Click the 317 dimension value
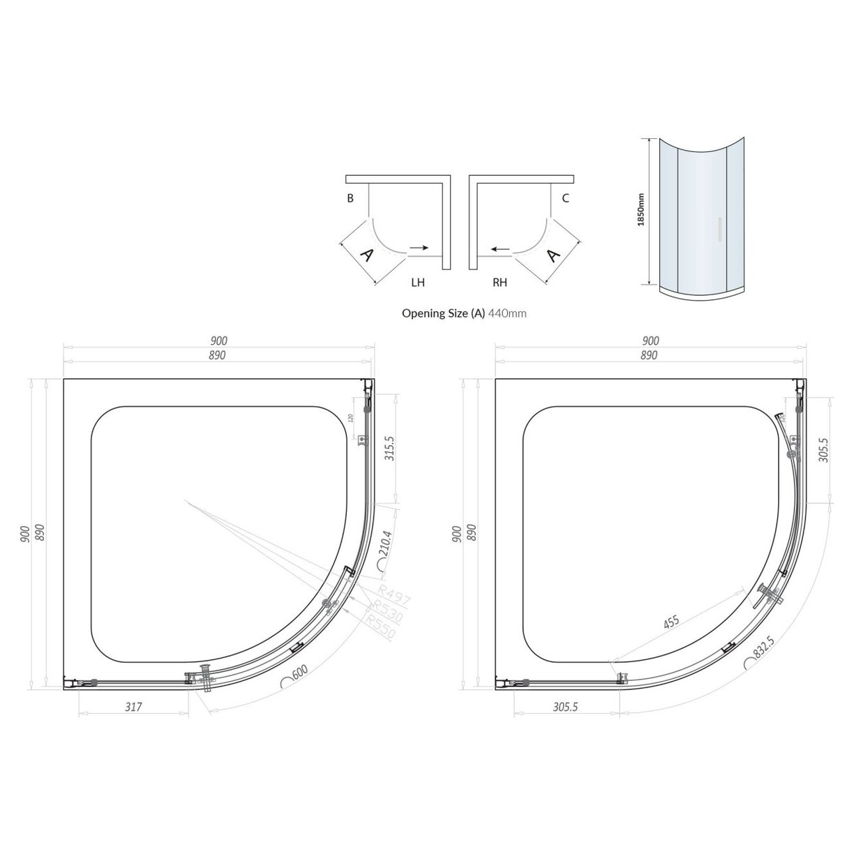coord(133,706)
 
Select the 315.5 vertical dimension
coord(389,449)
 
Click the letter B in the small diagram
coord(350,198)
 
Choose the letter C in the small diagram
coord(565,198)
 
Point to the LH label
coord(418,283)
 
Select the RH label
coord(500,283)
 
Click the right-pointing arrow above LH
coord(419,248)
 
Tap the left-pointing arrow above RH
coord(498,248)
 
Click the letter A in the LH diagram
coord(367,255)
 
